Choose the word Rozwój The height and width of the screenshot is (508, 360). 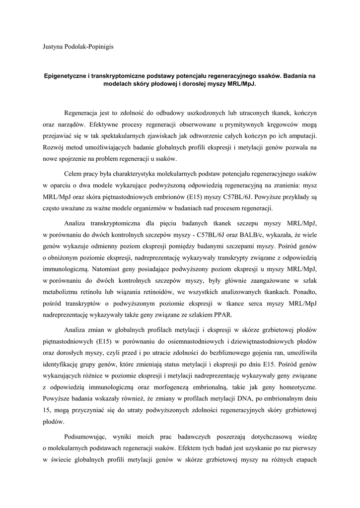[54, 147]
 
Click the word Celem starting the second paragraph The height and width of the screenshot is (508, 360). [74, 174]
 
